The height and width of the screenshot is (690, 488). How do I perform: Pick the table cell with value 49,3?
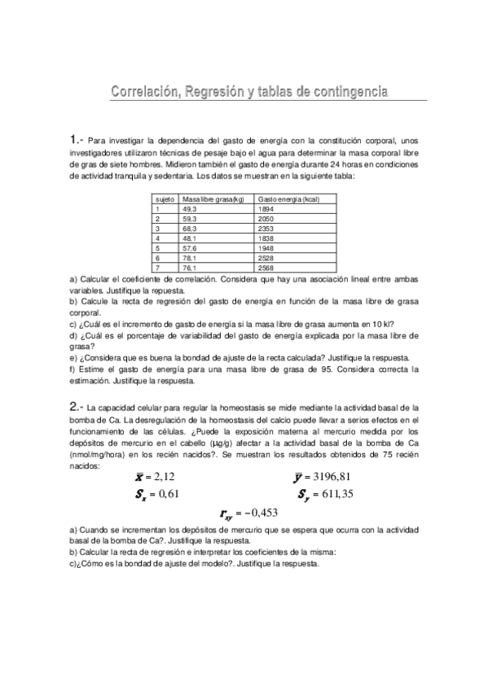click(191, 209)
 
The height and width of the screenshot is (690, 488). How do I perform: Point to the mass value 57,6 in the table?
click(191, 248)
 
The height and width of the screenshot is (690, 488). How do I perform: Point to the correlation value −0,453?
click(261, 513)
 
